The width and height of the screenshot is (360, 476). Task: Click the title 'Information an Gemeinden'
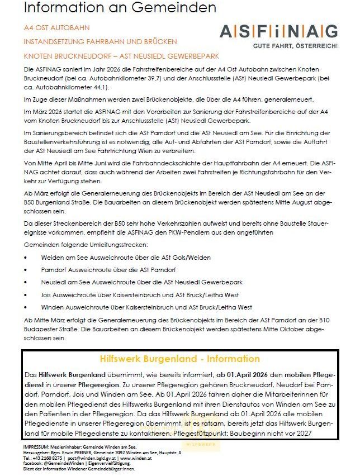point(120,8)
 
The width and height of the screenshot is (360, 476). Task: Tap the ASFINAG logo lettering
point(278,31)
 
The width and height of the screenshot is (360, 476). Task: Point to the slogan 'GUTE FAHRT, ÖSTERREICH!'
point(296,45)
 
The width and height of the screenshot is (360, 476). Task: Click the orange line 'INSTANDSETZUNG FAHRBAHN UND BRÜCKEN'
point(100,42)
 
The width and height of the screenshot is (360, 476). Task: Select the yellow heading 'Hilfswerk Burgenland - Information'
point(179,359)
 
